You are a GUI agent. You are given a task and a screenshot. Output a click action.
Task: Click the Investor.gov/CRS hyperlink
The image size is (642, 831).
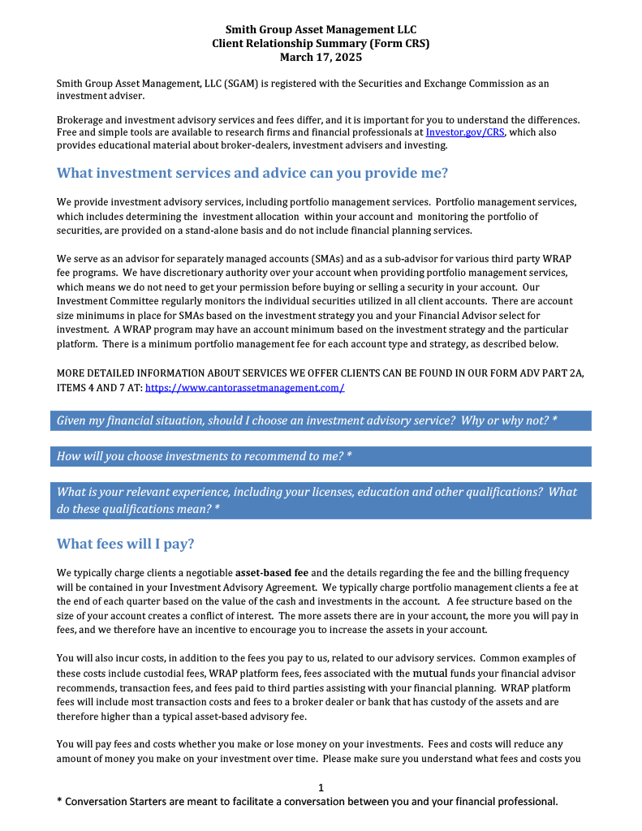pyautogui.click(x=460, y=132)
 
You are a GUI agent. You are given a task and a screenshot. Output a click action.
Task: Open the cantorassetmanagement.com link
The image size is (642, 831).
pyautogui.click(x=244, y=388)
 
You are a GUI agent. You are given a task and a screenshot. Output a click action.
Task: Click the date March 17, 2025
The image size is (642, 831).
pyautogui.click(x=321, y=58)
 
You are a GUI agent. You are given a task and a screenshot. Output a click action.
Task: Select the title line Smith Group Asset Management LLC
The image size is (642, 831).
pyautogui.click(x=321, y=30)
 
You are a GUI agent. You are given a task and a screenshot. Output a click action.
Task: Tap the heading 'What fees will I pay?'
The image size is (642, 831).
pyautogui.click(x=125, y=544)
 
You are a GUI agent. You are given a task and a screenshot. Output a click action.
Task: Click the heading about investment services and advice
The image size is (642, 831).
pyautogui.click(x=252, y=173)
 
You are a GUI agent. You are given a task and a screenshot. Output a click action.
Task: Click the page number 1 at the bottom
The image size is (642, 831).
pyautogui.click(x=321, y=787)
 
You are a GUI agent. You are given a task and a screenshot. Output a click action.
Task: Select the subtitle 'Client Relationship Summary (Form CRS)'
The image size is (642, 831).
pyautogui.click(x=321, y=44)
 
